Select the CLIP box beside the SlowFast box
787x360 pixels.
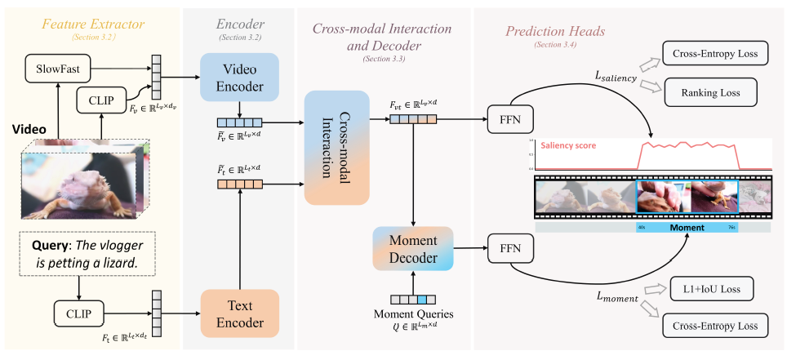point(102,100)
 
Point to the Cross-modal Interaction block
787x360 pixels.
point(337,148)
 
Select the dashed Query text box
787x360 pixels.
point(79,253)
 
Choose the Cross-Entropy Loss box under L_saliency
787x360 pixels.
point(715,55)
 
